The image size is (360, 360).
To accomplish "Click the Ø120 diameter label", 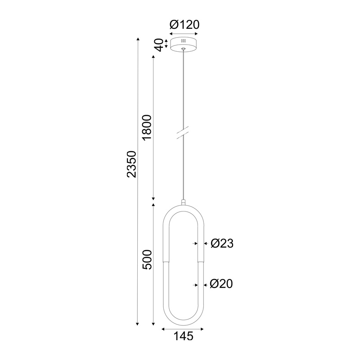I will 184,25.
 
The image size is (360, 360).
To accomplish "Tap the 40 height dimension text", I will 158,45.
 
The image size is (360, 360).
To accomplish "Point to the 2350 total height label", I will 130,164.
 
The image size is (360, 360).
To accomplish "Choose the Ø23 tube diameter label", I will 222,243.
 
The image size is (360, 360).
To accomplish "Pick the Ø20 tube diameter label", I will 221,284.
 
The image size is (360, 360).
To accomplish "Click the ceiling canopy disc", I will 183,45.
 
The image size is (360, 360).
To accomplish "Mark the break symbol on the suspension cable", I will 183,133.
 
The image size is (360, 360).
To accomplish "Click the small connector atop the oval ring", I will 183,202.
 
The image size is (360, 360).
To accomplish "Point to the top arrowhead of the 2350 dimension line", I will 138,40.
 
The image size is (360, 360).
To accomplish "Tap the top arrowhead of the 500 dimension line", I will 154,204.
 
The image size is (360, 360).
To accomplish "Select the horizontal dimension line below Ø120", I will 184,34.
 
